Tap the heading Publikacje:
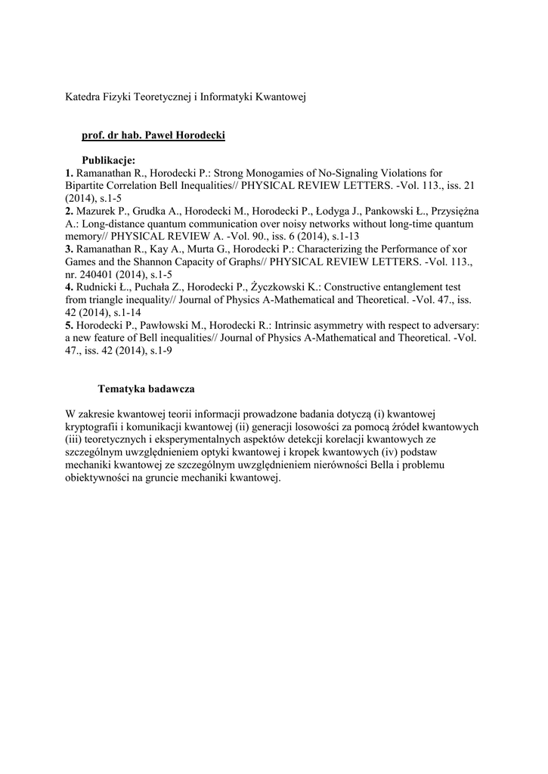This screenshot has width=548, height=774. click(109, 160)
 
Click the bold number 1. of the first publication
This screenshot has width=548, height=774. click(70, 173)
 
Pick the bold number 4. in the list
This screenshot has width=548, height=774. click(70, 287)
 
